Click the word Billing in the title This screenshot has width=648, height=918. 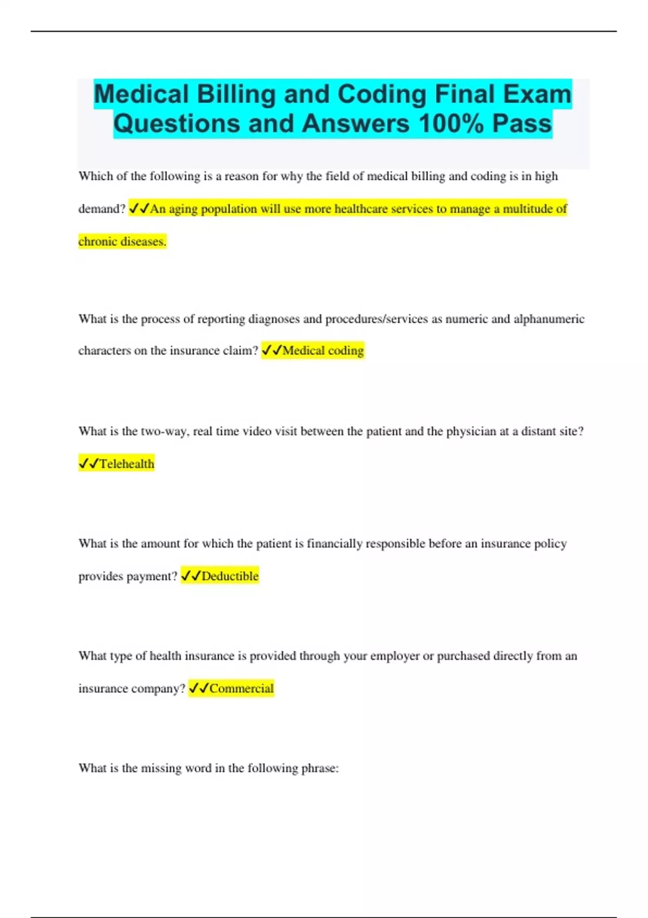tap(236, 94)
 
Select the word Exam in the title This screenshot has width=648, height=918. tap(537, 94)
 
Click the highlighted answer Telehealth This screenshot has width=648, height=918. tap(127, 464)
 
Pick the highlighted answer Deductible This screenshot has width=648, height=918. tap(230, 576)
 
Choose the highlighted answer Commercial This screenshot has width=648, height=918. tap(241, 688)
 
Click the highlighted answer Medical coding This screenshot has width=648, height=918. tap(323, 350)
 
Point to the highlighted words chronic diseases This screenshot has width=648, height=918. tap(122, 241)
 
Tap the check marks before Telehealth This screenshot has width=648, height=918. tap(89, 463)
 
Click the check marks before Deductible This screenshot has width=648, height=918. tap(191, 576)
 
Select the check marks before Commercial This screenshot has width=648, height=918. tap(198, 688)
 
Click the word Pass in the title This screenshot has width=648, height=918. tap(522, 124)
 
